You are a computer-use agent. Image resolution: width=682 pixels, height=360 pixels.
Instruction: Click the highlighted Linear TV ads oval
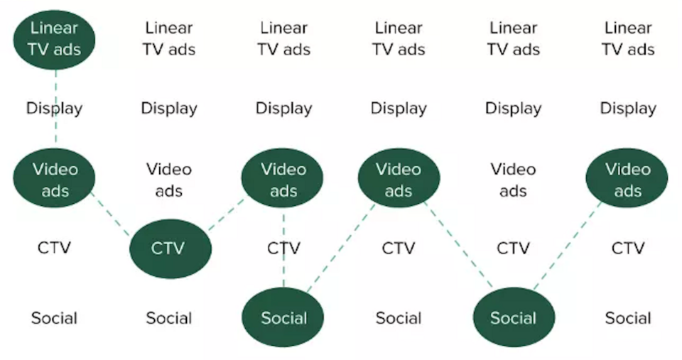55,39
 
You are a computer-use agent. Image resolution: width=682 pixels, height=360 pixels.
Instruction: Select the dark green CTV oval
170,249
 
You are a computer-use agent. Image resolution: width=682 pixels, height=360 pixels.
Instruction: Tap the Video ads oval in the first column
55,180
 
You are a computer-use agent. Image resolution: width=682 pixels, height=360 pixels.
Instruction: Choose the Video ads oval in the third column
283,180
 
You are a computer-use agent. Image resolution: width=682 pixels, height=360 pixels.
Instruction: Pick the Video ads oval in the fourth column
399,180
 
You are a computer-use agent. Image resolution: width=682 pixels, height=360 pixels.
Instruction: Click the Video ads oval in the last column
627,180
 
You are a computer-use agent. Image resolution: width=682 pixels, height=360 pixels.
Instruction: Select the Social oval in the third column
283,317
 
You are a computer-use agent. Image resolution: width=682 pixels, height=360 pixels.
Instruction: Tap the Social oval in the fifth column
514,317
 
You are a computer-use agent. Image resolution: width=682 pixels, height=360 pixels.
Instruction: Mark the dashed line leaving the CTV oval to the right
226,215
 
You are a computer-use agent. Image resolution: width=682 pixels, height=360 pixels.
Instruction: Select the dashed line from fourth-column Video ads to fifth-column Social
458,245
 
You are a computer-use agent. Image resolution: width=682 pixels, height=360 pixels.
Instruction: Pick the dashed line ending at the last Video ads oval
568,245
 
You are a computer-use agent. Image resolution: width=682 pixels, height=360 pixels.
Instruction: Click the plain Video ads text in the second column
169,180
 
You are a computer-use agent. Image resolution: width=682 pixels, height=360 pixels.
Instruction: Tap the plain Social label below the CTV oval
169,317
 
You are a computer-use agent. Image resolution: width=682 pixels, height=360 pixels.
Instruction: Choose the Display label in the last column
628,109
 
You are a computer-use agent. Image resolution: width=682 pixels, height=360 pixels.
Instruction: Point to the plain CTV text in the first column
55,248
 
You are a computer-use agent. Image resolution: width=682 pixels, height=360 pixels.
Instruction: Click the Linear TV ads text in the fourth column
399,39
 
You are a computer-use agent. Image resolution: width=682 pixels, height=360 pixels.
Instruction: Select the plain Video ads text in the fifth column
513,180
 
